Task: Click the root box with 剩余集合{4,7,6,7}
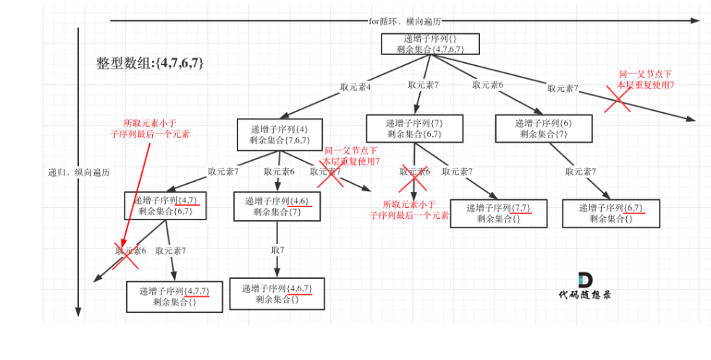pos(430,43)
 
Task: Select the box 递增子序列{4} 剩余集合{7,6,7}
pos(279,135)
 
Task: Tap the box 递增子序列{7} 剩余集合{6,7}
pos(414,128)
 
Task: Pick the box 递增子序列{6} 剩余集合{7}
pos(544,128)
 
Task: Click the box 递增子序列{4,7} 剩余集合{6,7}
pos(165,205)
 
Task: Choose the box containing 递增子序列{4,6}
pos(277,206)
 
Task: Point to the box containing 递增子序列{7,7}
pos(498,213)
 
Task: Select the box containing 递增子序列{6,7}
pos(611,213)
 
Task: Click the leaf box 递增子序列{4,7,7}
pos(174,297)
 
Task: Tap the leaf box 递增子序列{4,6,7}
pos(277,293)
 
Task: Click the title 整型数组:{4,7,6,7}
pos(150,63)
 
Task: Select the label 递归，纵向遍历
pos(79,172)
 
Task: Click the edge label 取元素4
pos(355,87)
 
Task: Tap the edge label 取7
pos(277,250)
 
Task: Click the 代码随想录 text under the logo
pos(584,295)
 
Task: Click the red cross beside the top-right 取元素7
pos(618,98)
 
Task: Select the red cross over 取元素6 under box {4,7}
pos(125,254)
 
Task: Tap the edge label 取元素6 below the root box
pos(488,85)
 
